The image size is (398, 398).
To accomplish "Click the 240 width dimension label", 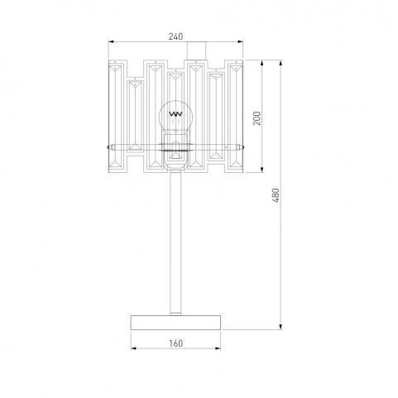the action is (175, 36).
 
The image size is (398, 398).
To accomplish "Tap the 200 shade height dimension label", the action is (257, 118).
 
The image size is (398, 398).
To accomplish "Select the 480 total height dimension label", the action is (276, 195).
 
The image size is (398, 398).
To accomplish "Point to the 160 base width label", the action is (175, 343).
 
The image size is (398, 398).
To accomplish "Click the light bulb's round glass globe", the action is (175, 116).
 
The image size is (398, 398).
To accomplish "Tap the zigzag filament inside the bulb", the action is (175, 113).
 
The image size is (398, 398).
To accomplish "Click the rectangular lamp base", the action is (175, 323).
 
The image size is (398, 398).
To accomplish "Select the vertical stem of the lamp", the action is (175, 242).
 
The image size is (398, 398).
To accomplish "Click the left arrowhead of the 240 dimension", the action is (111, 41).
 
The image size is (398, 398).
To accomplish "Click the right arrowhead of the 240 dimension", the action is (241, 41).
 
